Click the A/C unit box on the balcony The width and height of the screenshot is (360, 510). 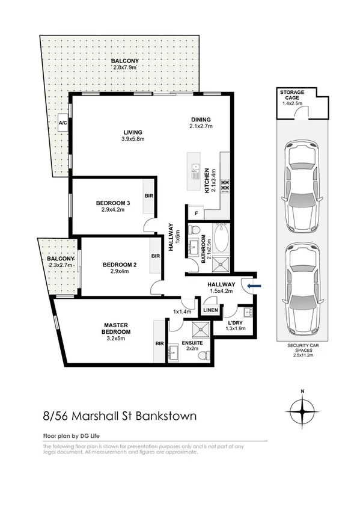[63, 123]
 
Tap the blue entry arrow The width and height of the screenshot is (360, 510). [255, 286]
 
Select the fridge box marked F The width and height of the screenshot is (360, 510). [195, 214]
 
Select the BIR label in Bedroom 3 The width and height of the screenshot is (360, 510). [148, 196]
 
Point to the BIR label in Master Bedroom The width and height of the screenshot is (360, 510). [159, 343]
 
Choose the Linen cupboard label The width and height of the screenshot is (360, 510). [210, 310]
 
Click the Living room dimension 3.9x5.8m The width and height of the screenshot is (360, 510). [132, 139]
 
